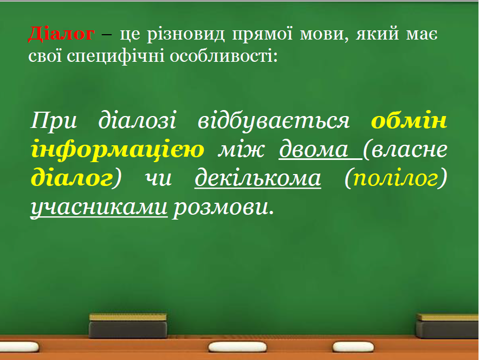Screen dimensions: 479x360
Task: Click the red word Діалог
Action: pos(61,33)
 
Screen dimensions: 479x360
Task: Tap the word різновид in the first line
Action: pos(186,35)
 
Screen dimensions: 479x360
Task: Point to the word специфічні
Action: pos(116,57)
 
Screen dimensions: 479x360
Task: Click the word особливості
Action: pos(224,56)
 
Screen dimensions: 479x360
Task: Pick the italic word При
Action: pos(54,121)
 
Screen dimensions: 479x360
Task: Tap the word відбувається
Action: pos(274,121)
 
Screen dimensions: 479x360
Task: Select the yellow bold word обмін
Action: pos(409,120)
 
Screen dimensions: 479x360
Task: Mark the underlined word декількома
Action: pos(258,178)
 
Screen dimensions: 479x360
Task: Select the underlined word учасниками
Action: pos(99,208)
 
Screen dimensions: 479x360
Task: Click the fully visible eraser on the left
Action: pos(128,325)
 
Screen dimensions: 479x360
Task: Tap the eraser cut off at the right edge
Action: pos(448,326)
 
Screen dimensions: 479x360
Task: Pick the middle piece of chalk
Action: pos(237,347)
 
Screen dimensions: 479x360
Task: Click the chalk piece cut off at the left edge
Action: pos(19,347)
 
